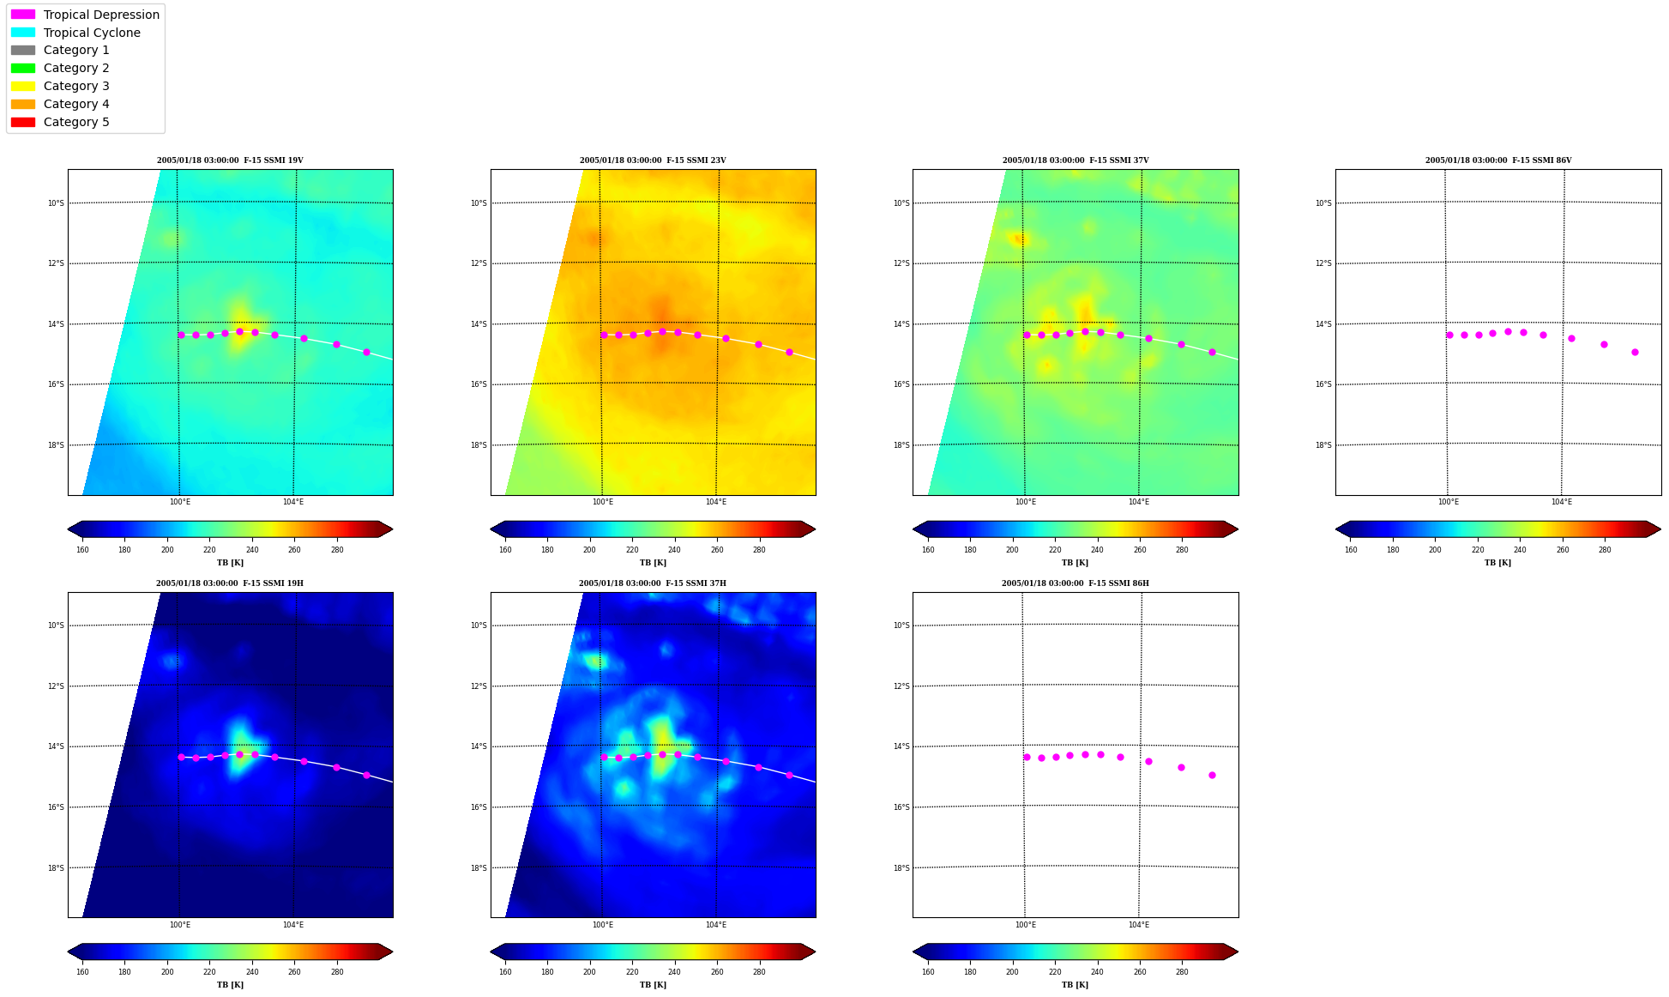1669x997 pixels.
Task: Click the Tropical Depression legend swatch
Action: (23, 15)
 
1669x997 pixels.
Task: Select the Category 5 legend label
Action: (76, 122)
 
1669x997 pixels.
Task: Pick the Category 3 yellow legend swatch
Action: (23, 86)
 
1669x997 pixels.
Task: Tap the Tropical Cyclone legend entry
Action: (92, 33)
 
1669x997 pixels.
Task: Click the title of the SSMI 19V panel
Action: (230, 160)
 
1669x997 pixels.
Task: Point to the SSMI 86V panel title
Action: (1498, 160)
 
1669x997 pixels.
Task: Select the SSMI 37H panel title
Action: (653, 583)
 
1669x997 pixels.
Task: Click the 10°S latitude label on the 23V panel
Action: (479, 203)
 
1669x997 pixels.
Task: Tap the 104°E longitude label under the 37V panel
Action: (1138, 502)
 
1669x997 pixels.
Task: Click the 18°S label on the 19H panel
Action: (56, 868)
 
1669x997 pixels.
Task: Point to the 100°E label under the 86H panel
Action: (1026, 925)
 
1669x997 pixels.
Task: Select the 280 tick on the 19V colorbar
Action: (337, 550)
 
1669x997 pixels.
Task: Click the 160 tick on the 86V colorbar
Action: (1351, 550)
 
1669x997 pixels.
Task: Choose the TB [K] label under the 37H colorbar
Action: (653, 985)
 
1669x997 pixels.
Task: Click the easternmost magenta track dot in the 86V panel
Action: (1635, 352)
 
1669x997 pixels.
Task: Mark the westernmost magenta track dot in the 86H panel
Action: (1027, 757)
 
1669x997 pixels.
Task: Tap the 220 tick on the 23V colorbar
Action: (632, 550)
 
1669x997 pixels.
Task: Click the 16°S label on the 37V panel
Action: (901, 384)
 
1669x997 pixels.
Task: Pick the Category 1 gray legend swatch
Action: (23, 50)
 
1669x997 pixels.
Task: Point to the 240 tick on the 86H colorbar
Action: (1097, 972)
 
